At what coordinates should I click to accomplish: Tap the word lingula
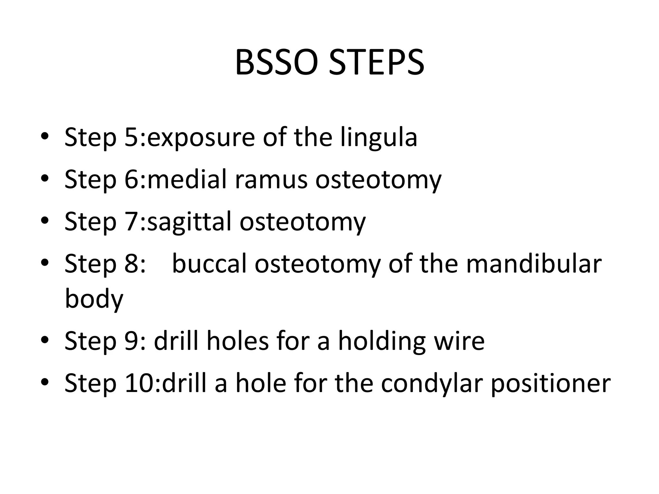click(x=379, y=138)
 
